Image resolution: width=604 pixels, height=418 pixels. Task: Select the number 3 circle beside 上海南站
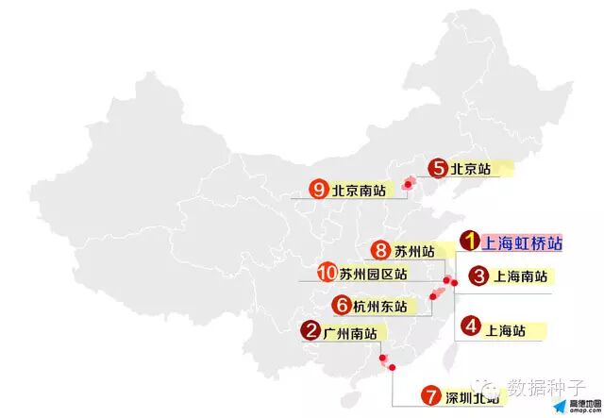478,276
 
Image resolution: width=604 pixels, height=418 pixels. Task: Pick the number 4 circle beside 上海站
470,328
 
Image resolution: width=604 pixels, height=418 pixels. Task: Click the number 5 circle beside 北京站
437,169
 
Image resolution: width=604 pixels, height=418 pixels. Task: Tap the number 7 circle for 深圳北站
430,396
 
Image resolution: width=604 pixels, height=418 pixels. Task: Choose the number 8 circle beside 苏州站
380,251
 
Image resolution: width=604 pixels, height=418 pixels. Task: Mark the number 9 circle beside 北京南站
318,190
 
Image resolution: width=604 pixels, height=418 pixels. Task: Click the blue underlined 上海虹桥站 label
527,243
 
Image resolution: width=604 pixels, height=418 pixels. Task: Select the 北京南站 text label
359,191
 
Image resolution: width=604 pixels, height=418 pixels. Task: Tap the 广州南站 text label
350,332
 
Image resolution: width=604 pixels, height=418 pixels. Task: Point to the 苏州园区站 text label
374,275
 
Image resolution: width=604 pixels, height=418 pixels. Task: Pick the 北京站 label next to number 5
471,170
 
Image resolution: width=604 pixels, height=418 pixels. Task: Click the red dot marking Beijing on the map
409,184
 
